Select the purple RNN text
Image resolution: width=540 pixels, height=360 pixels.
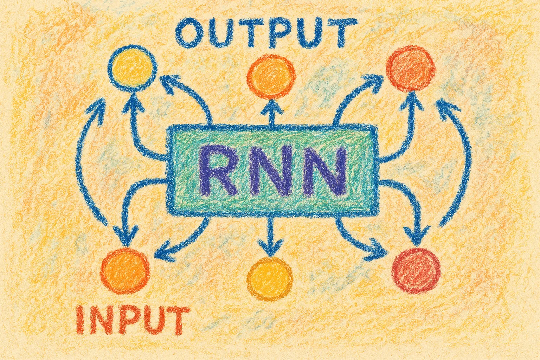point(271,171)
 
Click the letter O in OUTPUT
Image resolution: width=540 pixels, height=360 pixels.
point(189,32)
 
